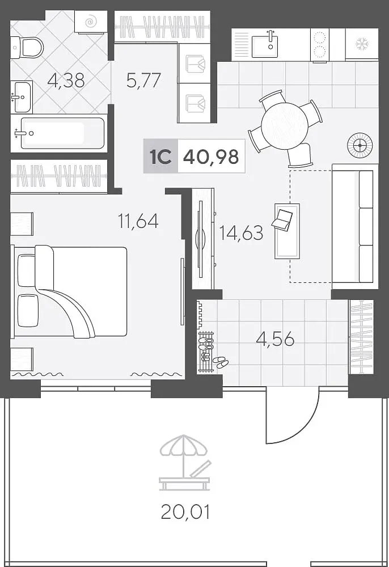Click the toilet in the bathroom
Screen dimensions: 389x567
tap(27, 46)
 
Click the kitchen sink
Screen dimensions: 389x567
tap(266, 44)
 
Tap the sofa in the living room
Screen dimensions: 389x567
tap(353, 226)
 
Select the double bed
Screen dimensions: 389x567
tap(70, 291)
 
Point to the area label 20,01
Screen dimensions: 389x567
tap(185, 512)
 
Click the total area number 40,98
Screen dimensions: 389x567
tap(211, 156)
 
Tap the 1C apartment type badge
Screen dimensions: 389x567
tap(160, 156)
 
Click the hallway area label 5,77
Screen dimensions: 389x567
tap(143, 81)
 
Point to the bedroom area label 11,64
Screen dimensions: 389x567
tap(138, 221)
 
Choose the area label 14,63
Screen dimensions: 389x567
tap(241, 232)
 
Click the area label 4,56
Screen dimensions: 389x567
tap(275, 339)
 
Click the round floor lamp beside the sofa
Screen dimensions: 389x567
tap(360, 145)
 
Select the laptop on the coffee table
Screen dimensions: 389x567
tap(283, 219)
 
